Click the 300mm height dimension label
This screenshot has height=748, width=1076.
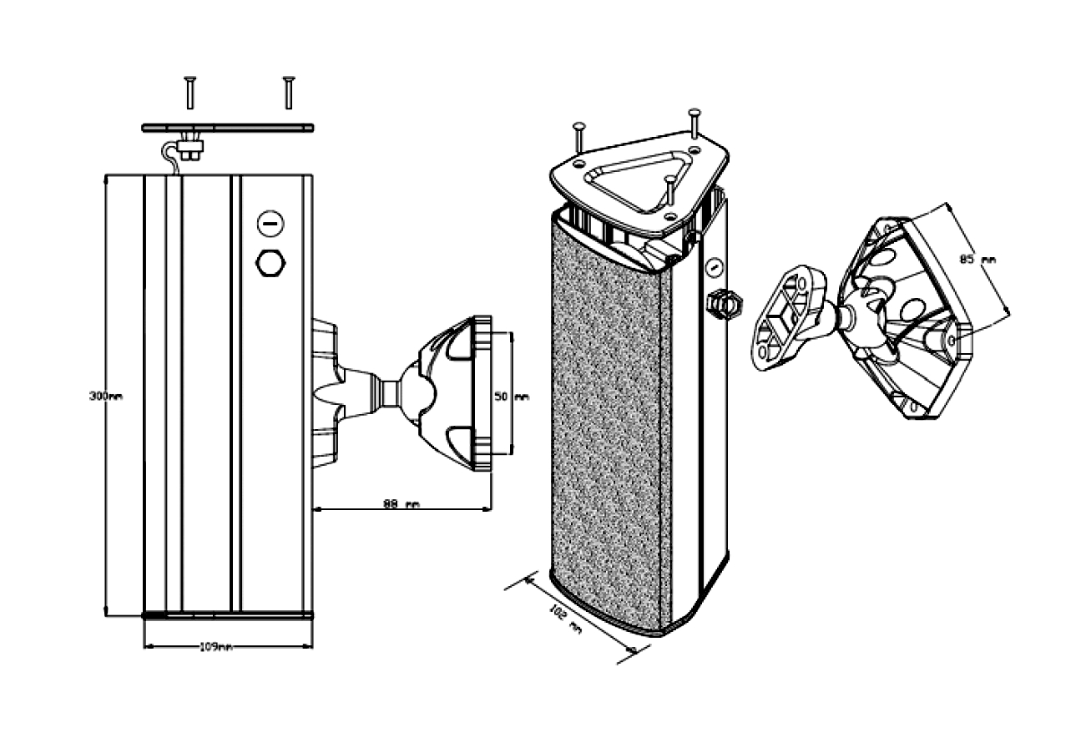[x=106, y=397]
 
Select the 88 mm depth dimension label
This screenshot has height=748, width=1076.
[x=400, y=504]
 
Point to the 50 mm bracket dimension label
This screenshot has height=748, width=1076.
[x=512, y=397]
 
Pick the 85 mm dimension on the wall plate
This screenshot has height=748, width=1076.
[x=977, y=260]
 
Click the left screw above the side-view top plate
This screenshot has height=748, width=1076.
[x=190, y=91]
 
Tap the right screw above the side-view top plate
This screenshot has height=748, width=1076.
[x=288, y=91]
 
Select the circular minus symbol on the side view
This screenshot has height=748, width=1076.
[x=270, y=224]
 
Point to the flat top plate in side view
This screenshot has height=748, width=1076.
[x=227, y=128]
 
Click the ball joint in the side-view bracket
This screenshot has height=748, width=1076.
[x=416, y=392]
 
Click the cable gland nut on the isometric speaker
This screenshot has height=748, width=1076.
[x=724, y=304]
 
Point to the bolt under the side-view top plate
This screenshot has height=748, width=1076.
[x=189, y=151]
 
